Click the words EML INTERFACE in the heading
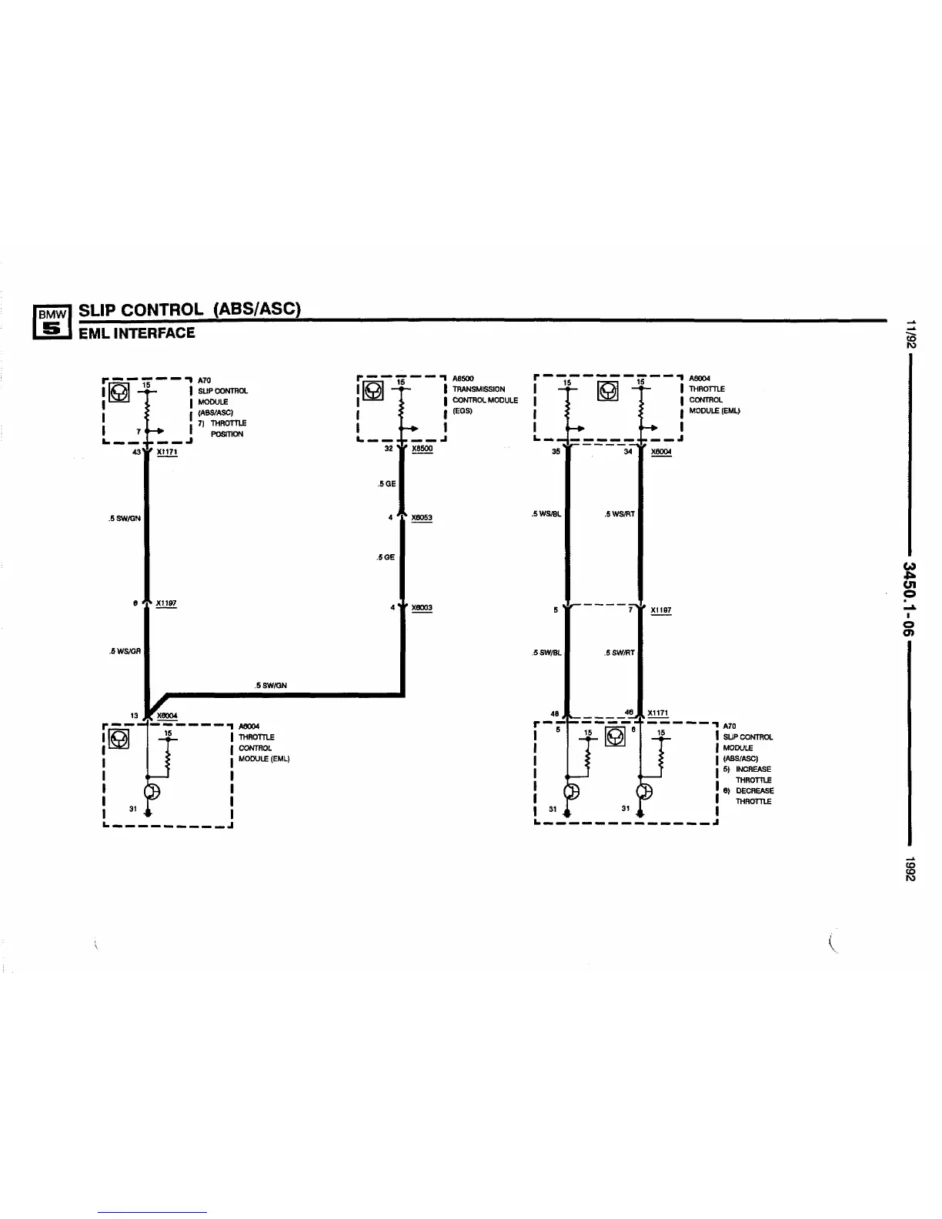(x=136, y=333)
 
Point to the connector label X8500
(x=422, y=449)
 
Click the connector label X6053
(x=422, y=518)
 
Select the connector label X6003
(x=422, y=608)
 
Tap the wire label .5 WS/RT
(x=620, y=514)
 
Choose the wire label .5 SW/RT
(x=620, y=653)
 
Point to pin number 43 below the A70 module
(x=137, y=452)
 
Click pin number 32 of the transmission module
(x=389, y=448)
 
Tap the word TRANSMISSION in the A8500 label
(x=478, y=389)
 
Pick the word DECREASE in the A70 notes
(x=754, y=791)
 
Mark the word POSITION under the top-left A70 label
(x=227, y=434)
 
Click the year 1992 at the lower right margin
(x=910, y=870)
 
